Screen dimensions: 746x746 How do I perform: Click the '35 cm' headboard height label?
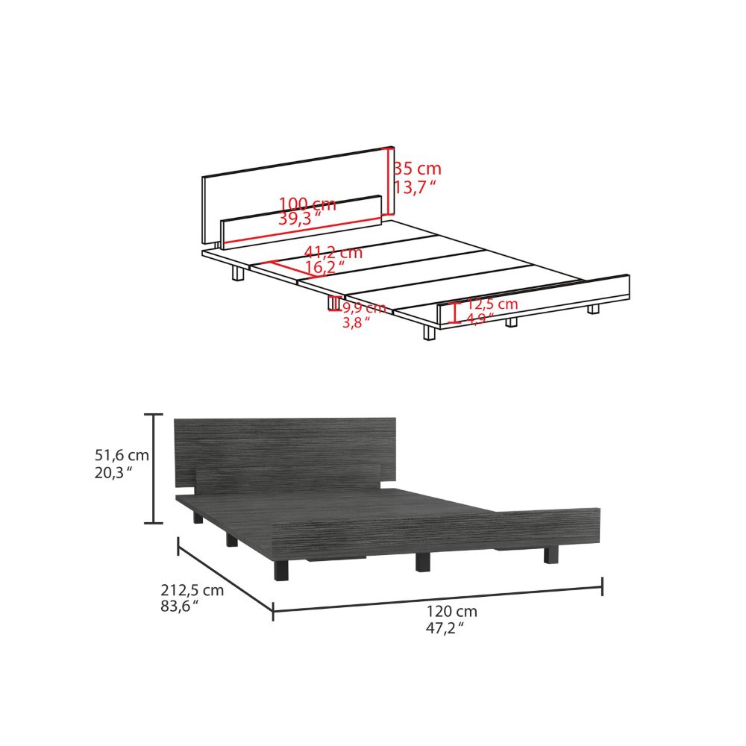click(x=418, y=169)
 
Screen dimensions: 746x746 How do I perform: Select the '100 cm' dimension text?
click(x=307, y=204)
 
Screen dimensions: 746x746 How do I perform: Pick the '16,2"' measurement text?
click(x=325, y=266)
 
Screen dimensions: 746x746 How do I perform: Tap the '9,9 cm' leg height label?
click(x=364, y=307)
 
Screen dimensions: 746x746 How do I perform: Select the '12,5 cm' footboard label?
click(x=492, y=304)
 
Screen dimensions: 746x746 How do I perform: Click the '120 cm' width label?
click(x=452, y=611)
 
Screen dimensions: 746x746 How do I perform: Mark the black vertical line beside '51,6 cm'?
click(x=154, y=468)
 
